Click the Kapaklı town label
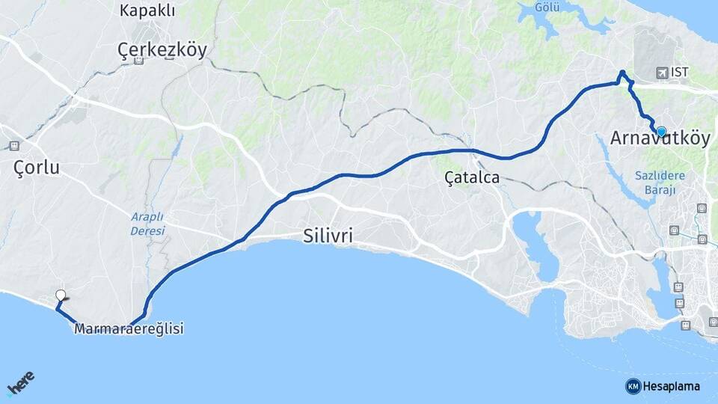point(147,10)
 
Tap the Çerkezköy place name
point(162,49)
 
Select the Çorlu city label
point(37,168)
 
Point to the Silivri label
point(328,236)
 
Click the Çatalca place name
point(471,178)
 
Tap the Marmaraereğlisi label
point(129,328)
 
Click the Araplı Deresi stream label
point(147,224)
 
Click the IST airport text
point(680,73)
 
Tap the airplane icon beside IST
point(662,73)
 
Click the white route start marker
point(61,296)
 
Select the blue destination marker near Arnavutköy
point(660,131)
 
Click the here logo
point(20,385)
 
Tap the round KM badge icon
point(633,386)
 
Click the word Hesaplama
point(672,387)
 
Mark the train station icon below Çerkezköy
point(138,61)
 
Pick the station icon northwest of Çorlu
point(13,146)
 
